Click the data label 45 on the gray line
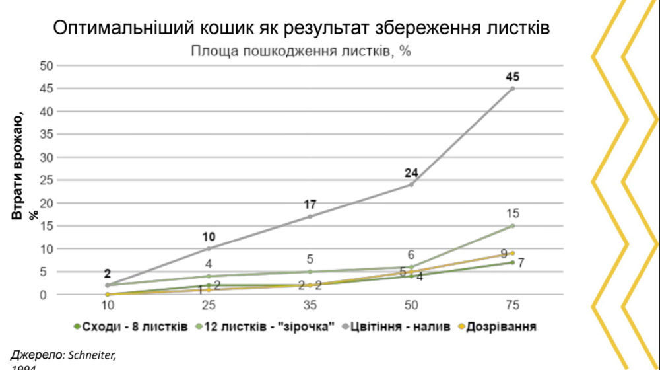pyautogui.click(x=512, y=77)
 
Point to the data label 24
pyautogui.click(x=411, y=173)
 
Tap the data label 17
pyautogui.click(x=310, y=205)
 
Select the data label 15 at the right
pyautogui.click(x=512, y=213)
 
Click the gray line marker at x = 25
pyautogui.click(x=209, y=248)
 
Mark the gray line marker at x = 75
pyautogui.click(x=512, y=89)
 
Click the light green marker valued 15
pyautogui.click(x=512, y=226)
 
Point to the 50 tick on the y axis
pyautogui.click(x=46, y=65)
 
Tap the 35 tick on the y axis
pyautogui.click(x=46, y=134)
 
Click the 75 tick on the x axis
pyautogui.click(x=512, y=305)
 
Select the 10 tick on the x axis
pyautogui.click(x=107, y=305)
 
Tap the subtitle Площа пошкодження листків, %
pyautogui.click(x=301, y=52)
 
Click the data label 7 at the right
pyautogui.click(x=521, y=262)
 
